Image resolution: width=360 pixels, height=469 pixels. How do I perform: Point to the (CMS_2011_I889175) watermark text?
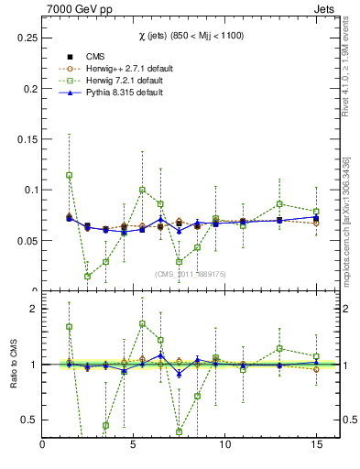click(x=190, y=273)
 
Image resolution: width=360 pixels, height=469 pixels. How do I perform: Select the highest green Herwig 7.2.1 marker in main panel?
click(x=70, y=175)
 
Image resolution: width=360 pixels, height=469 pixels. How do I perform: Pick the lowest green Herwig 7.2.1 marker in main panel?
click(x=88, y=276)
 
